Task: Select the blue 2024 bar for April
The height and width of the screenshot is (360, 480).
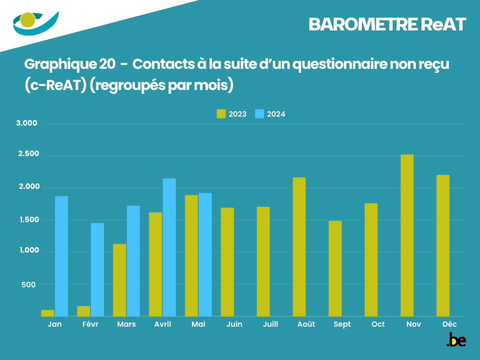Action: tap(169, 247)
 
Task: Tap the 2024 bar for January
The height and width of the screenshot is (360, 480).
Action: tap(61, 256)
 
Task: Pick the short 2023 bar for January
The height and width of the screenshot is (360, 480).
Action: tap(48, 313)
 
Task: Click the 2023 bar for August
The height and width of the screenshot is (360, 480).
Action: tap(299, 247)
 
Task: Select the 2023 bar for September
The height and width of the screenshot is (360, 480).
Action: tap(335, 268)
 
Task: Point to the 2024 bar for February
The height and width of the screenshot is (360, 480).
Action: tap(97, 270)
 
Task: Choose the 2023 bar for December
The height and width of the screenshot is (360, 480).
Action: tap(443, 246)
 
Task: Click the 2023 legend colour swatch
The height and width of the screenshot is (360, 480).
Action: tap(221, 114)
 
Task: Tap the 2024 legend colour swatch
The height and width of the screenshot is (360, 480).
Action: tap(259, 114)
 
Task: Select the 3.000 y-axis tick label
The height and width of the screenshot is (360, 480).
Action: tap(27, 123)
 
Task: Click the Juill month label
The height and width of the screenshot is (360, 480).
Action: tap(270, 324)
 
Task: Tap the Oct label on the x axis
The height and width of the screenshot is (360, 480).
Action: tap(378, 324)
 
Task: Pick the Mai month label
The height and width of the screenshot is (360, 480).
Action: tap(198, 324)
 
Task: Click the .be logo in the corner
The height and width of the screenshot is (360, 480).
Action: tap(456, 340)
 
